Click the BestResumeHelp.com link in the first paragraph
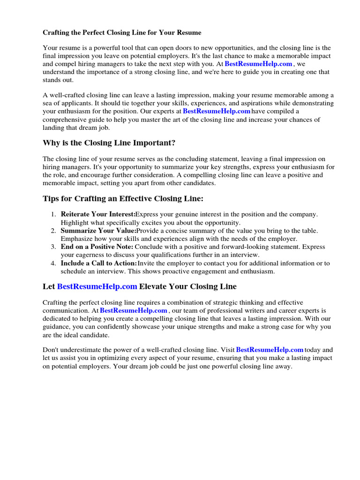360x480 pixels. [x=259, y=64]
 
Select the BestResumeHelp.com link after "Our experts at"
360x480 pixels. [x=217, y=111]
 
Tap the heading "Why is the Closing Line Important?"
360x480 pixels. [x=109, y=142]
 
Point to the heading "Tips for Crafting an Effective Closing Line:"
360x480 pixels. [x=123, y=199]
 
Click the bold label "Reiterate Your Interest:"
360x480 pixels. [x=98, y=214]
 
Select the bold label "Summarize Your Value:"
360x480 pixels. [x=98, y=231]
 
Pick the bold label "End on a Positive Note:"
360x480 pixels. [x=97, y=247]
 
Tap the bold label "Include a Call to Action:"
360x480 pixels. [x=99, y=263]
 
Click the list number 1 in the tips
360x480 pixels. [x=53, y=214]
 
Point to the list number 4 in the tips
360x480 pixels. [x=53, y=263]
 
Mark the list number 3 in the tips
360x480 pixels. [x=53, y=247]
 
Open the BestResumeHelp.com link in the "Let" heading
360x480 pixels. [x=97, y=286]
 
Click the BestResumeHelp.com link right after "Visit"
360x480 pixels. [x=270, y=350]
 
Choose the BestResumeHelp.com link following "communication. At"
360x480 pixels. [x=134, y=310]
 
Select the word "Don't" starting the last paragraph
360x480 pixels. [x=51, y=350]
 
